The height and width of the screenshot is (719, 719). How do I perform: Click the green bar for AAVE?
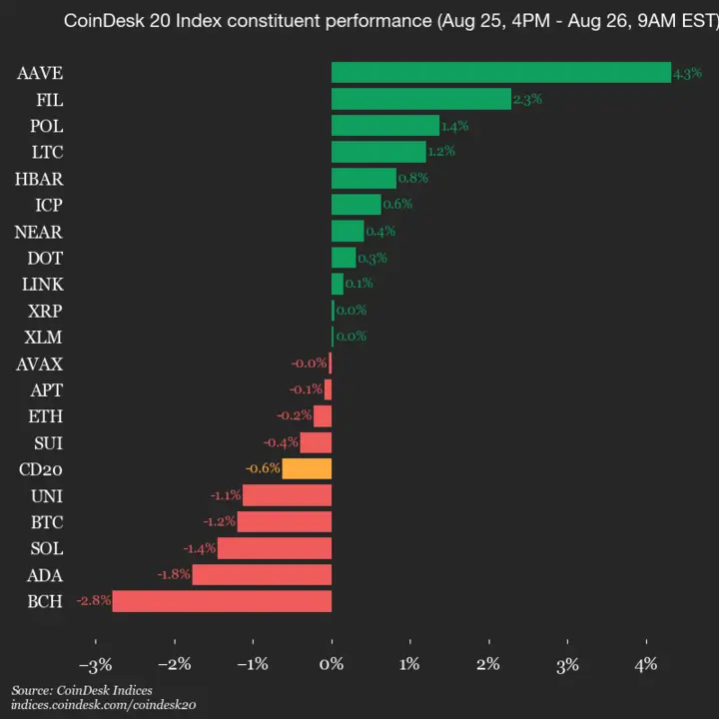pos(500,73)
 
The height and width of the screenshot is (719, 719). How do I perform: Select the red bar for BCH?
pos(222,601)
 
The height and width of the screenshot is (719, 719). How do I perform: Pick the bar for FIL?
pos(420,99)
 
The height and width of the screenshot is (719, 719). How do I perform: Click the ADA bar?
pos(262,575)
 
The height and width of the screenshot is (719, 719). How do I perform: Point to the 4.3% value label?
pos(687,73)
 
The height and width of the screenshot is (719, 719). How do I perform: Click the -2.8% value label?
pos(93,601)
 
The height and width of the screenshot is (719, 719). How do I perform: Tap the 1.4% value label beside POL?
pos(454,126)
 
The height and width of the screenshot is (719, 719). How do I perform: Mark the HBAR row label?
pos(39,179)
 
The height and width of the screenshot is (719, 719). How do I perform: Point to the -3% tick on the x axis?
pos(95,664)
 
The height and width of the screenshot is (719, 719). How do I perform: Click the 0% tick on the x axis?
pos(332,664)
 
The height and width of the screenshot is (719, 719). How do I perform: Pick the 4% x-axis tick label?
pos(646,664)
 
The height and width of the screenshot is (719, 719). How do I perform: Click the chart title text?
pos(389,21)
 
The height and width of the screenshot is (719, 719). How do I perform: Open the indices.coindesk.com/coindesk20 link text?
pos(104,704)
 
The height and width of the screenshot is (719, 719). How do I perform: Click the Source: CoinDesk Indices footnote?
pos(82,690)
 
